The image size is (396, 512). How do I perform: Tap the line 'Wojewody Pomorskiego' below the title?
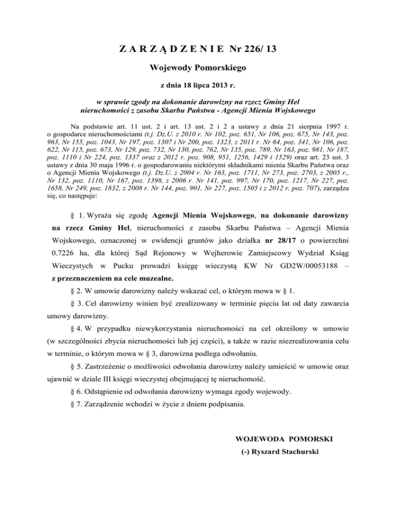pyautogui.click(x=198, y=67)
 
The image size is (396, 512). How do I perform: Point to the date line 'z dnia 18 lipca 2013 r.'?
pyautogui.click(x=198, y=85)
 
